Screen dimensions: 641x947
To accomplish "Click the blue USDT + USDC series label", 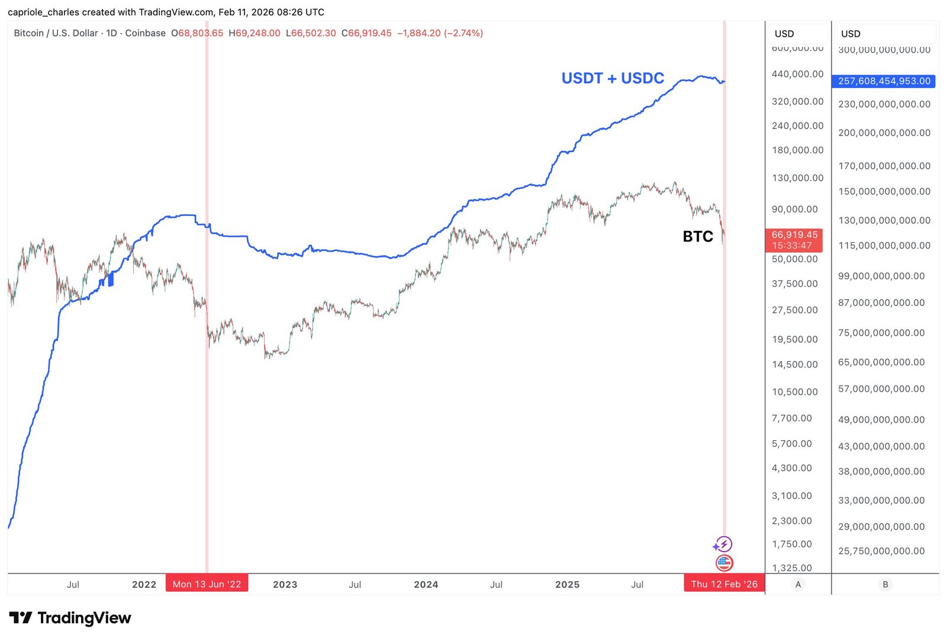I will (x=613, y=78).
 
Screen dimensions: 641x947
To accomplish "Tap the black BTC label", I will (x=698, y=237).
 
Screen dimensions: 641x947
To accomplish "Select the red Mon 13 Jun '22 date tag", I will (x=207, y=584).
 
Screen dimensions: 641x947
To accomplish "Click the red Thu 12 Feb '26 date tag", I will (x=724, y=584).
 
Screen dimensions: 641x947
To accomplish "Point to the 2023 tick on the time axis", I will (x=285, y=585).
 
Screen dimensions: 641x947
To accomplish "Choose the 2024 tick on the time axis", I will (x=426, y=585).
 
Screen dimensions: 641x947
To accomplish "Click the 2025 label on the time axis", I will (x=567, y=585).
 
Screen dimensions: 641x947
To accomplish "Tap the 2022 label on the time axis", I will (x=144, y=585).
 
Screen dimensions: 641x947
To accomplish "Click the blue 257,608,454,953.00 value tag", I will (x=884, y=81).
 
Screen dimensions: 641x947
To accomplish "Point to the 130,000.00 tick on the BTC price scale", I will (x=797, y=178).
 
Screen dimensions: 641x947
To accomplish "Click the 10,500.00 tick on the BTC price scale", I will (x=794, y=392).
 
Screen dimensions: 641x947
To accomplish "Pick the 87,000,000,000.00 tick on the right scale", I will (x=881, y=302).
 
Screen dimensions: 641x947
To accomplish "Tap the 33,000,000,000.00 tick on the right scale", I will (x=881, y=500).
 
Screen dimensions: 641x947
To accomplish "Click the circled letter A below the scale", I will (x=798, y=584).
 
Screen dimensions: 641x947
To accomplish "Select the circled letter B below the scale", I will (x=885, y=584).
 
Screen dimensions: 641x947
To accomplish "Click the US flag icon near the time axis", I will (x=724, y=563).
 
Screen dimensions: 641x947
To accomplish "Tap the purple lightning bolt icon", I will (x=724, y=544).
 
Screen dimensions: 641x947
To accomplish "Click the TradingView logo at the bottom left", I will (x=70, y=618).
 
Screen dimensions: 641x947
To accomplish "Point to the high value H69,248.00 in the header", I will (x=255, y=33).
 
